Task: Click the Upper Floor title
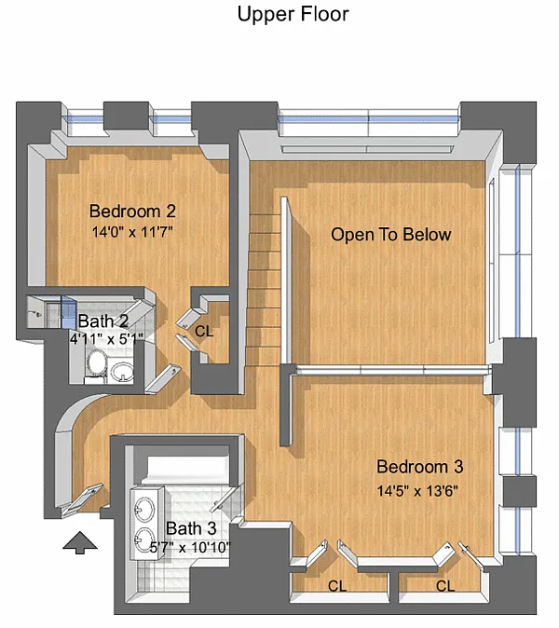(x=293, y=14)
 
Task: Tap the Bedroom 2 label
(x=132, y=212)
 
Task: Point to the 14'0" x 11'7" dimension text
(x=132, y=231)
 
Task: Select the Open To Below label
(x=390, y=234)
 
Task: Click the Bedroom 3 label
(x=420, y=467)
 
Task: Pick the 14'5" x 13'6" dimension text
(x=417, y=491)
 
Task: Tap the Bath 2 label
(x=103, y=321)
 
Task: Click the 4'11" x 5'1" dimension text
(x=106, y=339)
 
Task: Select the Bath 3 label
(x=191, y=528)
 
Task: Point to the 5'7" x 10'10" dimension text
(x=190, y=547)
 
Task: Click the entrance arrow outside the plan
(x=80, y=542)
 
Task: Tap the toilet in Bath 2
(x=96, y=362)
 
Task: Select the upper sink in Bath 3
(x=143, y=509)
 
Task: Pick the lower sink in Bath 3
(x=144, y=539)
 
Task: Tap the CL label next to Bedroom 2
(x=204, y=331)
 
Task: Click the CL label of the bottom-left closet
(x=337, y=586)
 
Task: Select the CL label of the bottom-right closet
(x=445, y=586)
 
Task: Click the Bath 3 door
(x=226, y=498)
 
